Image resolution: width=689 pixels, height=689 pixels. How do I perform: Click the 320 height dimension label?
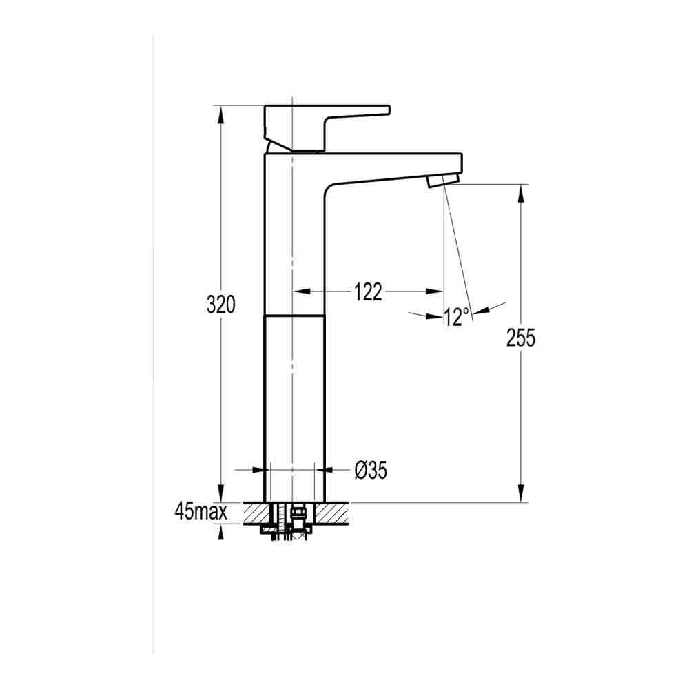(221, 305)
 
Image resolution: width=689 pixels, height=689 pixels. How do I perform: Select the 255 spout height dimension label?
(521, 338)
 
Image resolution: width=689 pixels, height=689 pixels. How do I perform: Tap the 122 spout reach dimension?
(368, 292)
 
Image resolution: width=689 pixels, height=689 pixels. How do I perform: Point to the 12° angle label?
(456, 317)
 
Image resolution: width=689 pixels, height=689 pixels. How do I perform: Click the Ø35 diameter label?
(371, 471)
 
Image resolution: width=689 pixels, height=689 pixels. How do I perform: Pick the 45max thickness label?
(200, 512)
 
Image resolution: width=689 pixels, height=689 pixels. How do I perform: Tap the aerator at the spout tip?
(441, 181)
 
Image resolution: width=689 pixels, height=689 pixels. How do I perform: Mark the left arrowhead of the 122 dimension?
(302, 291)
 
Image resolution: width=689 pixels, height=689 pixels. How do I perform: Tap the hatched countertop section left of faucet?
(254, 513)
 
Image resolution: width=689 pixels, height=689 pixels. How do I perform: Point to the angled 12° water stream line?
(457, 248)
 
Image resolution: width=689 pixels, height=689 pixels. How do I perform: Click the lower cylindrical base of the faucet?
(294, 407)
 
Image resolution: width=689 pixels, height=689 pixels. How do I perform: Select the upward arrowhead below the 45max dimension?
(221, 532)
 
